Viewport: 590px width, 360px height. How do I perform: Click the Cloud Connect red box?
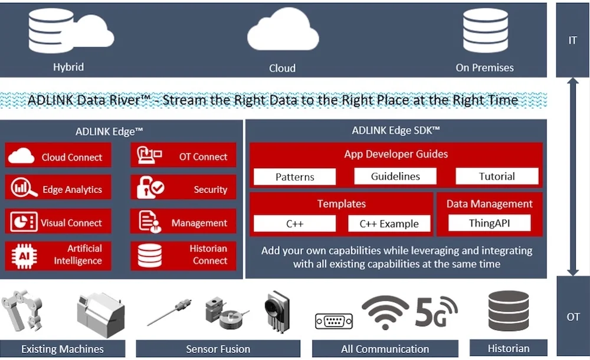tap(58, 155)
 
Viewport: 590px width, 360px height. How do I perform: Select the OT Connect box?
tap(183, 155)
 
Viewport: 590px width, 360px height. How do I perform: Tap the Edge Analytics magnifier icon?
tap(24, 187)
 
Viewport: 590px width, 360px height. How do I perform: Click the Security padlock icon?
tap(150, 187)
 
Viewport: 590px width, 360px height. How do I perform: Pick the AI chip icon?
tap(24, 256)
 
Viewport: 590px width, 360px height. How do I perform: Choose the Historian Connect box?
tap(183, 256)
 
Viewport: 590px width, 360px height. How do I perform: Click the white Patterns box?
tap(294, 177)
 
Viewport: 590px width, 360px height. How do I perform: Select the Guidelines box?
tap(395, 176)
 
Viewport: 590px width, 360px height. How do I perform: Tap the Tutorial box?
tap(497, 176)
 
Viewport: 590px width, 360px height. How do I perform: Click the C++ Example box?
tap(389, 224)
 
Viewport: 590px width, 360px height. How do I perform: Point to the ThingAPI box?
tap(490, 223)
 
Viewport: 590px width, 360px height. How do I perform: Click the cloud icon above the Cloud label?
tap(283, 30)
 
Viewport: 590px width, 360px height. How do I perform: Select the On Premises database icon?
tap(486, 30)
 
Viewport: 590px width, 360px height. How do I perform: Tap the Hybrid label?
tap(68, 67)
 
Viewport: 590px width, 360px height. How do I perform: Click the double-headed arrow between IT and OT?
tap(573, 176)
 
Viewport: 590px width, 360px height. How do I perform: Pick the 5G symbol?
tap(437, 312)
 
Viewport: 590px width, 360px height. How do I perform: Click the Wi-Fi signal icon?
tap(385, 312)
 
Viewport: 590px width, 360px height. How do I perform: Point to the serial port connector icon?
tap(334, 321)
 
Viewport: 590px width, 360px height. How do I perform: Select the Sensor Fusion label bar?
tap(218, 349)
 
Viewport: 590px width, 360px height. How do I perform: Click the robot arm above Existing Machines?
tap(22, 310)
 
